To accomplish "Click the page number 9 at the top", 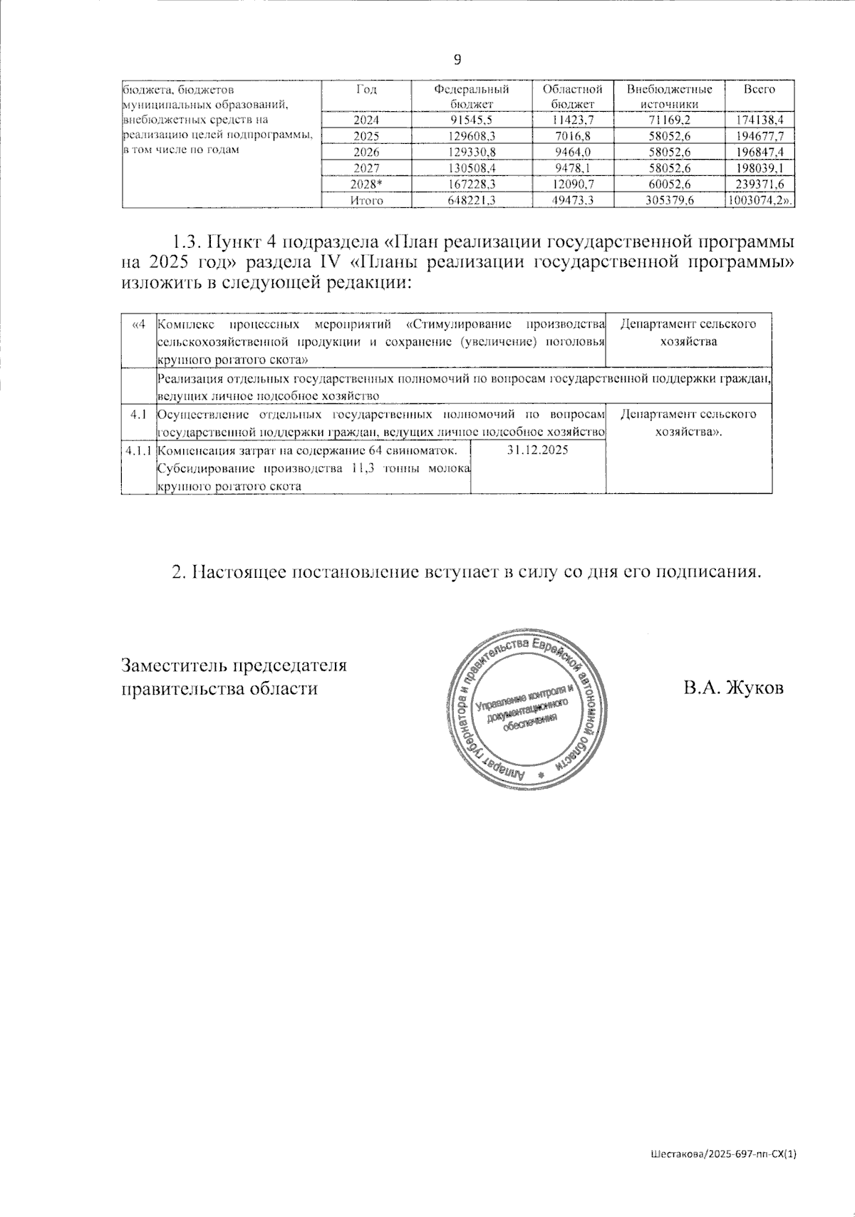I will (x=457, y=59).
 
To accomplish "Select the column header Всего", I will (x=759, y=90).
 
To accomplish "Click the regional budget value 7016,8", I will (x=572, y=136).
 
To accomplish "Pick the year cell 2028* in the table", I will (x=366, y=185).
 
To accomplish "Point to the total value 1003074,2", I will (x=758, y=201).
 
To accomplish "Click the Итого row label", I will (x=366, y=201).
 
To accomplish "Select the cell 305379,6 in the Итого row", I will (x=669, y=201).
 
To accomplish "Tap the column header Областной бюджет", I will (x=572, y=97).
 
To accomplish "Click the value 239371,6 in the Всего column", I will (x=760, y=185).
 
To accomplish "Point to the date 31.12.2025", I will (x=538, y=450).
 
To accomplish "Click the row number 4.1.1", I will (x=138, y=450).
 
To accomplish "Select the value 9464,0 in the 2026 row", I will (x=572, y=152).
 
